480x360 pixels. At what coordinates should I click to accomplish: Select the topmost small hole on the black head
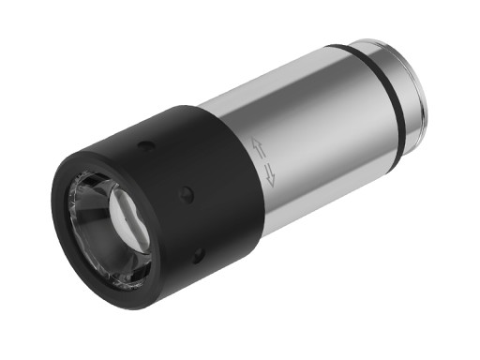pyautogui.click(x=143, y=146)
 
